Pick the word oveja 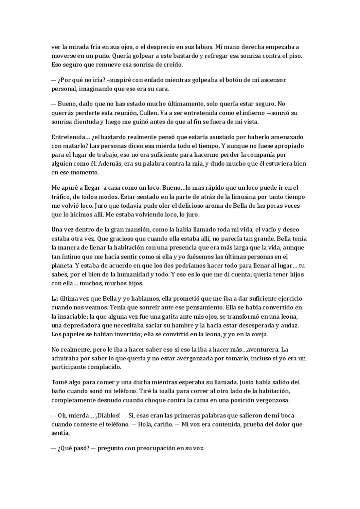pos(260,334)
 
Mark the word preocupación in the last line pos(156,448)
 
